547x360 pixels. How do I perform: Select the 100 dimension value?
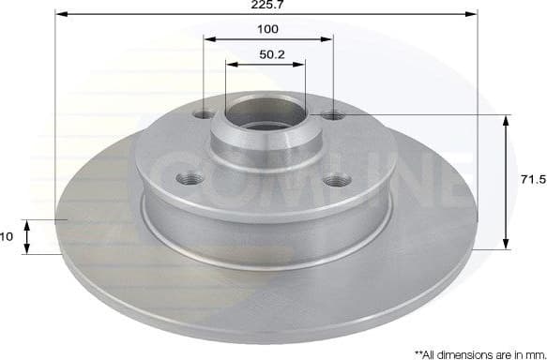[x=268, y=30]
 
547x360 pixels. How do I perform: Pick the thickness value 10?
[x=7, y=237]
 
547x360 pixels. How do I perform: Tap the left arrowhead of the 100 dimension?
[x=208, y=39]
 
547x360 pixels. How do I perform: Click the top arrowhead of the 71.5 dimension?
[x=508, y=120]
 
